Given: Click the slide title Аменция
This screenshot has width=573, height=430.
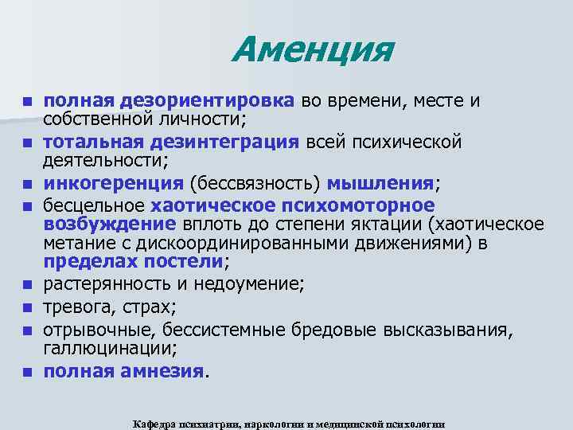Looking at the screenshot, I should (312, 51).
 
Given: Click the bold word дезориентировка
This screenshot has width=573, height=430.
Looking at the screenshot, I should (208, 101).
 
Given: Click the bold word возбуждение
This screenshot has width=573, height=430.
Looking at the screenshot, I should (109, 223).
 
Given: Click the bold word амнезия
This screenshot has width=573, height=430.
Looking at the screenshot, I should (165, 370).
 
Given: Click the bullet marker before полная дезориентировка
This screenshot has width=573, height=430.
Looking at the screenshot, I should (27, 102).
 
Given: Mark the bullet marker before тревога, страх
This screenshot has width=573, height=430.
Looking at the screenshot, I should (27, 307).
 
